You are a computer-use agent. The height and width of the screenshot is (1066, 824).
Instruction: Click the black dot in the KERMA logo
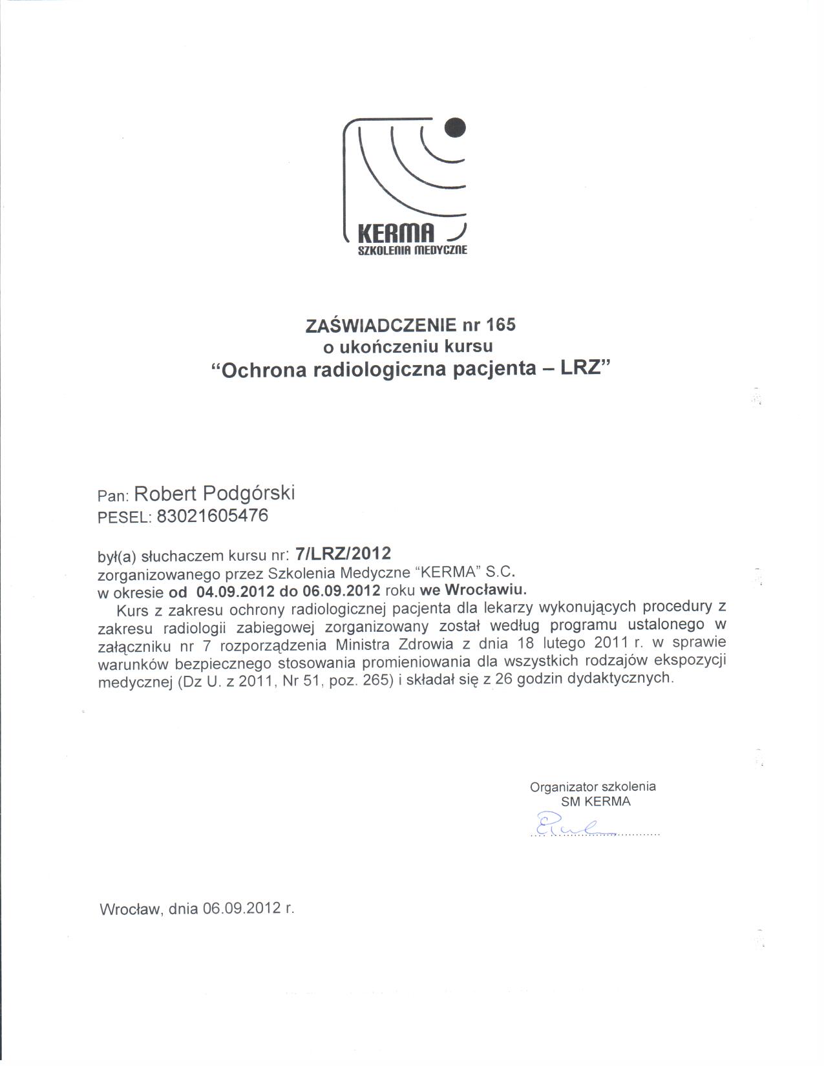[455, 127]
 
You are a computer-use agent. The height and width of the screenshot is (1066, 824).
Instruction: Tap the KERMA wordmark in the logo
[395, 233]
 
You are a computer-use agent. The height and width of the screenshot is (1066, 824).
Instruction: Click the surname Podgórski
[249, 493]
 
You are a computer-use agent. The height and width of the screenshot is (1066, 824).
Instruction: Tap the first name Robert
[165, 494]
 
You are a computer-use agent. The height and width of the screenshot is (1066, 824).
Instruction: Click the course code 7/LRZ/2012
[343, 554]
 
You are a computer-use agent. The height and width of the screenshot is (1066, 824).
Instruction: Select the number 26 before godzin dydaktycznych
[505, 679]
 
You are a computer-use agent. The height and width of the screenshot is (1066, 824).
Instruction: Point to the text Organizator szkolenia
[593, 787]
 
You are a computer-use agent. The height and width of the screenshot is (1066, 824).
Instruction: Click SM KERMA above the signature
[595, 802]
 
